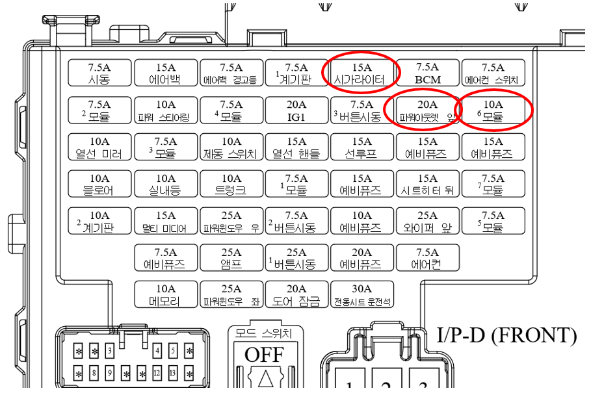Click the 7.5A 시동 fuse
coord(99,73)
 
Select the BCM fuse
coord(427,73)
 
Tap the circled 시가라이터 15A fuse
coord(361,73)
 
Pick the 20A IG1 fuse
coord(296,110)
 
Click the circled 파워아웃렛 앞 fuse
coord(427,110)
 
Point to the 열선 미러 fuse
coord(99,147)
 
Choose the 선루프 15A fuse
coord(361,147)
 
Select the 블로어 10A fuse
coord(99,185)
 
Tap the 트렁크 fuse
coord(231,185)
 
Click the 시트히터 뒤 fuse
coord(427,185)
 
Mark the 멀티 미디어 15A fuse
coord(165,222)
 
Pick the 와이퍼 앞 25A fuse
coord(427,222)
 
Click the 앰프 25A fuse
coord(231,258)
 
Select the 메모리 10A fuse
coord(165,295)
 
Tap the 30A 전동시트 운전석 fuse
coord(361,295)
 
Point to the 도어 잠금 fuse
coord(296,295)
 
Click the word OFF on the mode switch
coord(264,355)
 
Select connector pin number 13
coord(172,374)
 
